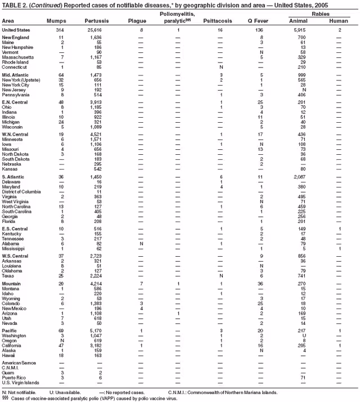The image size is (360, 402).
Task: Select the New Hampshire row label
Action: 17,47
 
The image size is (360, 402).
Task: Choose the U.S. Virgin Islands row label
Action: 21,382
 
